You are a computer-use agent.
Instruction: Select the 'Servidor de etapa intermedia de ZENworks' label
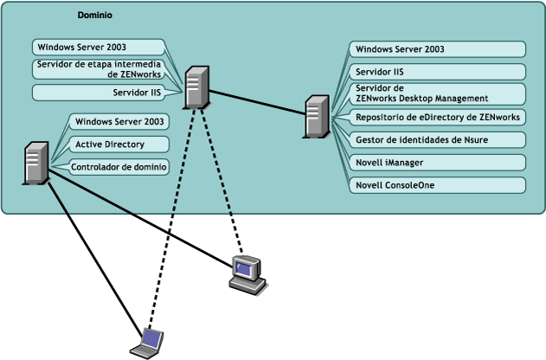point(99,69)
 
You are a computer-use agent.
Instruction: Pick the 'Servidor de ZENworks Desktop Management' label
point(438,93)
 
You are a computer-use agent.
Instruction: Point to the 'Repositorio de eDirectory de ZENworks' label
point(438,117)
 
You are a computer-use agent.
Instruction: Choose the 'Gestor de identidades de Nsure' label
point(438,139)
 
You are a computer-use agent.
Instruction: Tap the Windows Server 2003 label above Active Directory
point(117,121)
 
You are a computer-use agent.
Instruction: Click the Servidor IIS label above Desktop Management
point(438,71)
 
